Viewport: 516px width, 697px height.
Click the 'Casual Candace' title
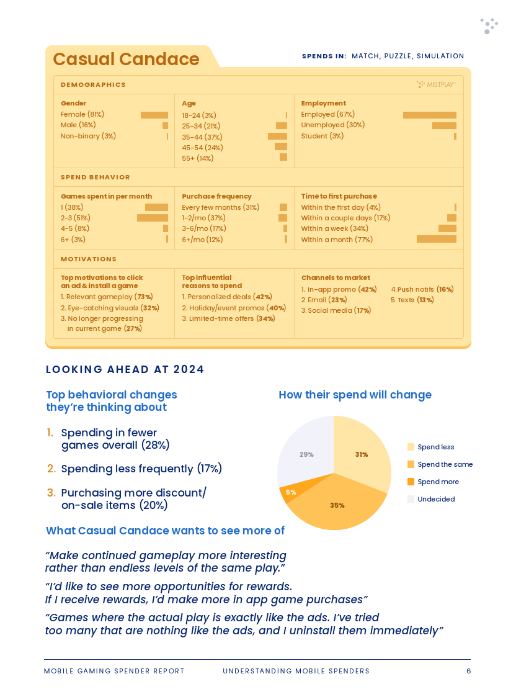point(126,59)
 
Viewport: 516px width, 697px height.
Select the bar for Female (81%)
point(154,115)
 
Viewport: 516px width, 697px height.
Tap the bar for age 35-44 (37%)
point(278,137)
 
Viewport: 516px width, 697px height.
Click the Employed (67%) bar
point(429,115)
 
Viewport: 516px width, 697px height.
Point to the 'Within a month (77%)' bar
point(437,239)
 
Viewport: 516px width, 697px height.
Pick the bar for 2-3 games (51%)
point(153,218)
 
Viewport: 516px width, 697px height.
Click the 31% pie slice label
point(362,454)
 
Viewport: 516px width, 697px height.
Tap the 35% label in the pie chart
point(337,505)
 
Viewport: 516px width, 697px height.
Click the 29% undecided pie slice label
point(306,454)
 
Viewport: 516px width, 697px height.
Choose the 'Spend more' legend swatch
point(411,482)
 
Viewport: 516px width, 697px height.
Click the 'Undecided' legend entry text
point(436,499)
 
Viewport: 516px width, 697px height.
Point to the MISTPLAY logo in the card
point(436,84)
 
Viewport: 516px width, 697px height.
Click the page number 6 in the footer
point(468,671)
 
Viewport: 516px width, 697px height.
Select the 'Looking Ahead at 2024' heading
point(125,369)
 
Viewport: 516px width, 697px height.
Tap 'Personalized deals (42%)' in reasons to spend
point(227,297)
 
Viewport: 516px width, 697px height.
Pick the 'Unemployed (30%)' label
point(333,125)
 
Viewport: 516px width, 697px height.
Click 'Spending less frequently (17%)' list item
point(135,469)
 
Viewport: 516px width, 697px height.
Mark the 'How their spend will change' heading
point(355,395)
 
